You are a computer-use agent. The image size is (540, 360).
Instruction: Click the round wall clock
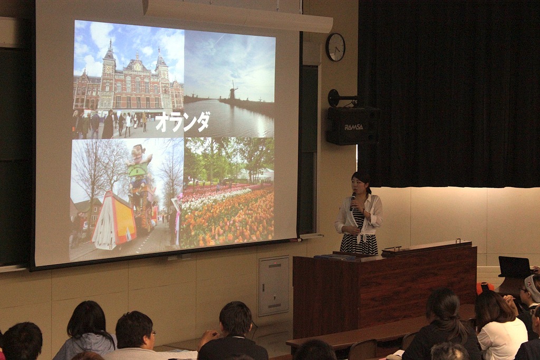[x=335, y=47]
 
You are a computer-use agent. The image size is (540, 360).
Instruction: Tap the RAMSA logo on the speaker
[x=354, y=128]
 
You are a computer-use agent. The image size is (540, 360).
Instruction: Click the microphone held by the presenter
[x=353, y=201]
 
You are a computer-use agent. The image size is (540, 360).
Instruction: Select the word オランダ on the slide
[x=182, y=122]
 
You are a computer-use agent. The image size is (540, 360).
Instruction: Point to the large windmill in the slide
[x=234, y=90]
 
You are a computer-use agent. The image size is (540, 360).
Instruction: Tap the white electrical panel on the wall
[x=274, y=286]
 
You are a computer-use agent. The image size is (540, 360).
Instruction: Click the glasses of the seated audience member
[x=153, y=333]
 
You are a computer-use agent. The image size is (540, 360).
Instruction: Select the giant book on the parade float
[x=114, y=221]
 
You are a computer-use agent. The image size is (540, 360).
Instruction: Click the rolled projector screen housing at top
[x=238, y=15]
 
